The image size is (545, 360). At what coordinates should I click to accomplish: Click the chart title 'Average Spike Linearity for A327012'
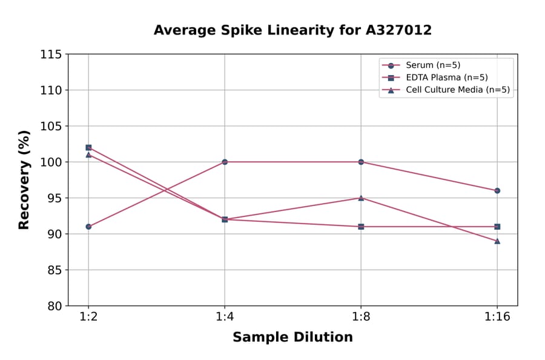click(x=292, y=30)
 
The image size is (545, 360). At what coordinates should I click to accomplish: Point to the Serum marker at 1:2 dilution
click(x=88, y=227)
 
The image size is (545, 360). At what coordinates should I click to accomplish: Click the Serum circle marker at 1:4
click(x=225, y=162)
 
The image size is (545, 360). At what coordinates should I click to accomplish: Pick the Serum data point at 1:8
click(x=361, y=162)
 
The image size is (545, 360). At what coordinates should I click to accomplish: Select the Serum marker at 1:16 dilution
click(x=497, y=190)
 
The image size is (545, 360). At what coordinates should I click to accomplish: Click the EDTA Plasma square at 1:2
click(x=88, y=147)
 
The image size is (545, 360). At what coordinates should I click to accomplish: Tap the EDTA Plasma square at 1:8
click(x=361, y=227)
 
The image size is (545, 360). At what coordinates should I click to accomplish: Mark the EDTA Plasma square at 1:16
click(x=497, y=227)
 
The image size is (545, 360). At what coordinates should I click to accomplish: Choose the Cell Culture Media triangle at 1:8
click(x=361, y=198)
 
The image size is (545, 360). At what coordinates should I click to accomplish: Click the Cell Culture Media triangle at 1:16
click(x=497, y=241)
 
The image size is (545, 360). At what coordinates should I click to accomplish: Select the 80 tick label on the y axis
click(x=53, y=306)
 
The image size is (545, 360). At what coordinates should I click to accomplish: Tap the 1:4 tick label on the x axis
click(x=225, y=318)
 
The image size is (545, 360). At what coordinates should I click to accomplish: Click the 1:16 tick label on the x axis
click(x=497, y=318)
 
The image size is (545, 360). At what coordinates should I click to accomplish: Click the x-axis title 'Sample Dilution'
click(x=292, y=338)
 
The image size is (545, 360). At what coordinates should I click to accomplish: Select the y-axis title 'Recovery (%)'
click(x=24, y=180)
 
